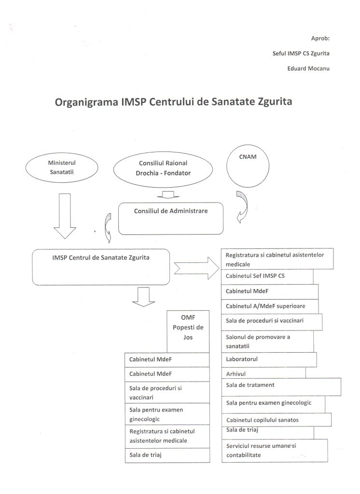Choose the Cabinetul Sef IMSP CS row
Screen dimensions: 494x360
pyautogui.click(x=268, y=276)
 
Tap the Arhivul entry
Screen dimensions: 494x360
pyautogui.click(x=264, y=373)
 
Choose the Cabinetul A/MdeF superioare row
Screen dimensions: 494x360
pyautogui.click(x=270, y=306)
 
